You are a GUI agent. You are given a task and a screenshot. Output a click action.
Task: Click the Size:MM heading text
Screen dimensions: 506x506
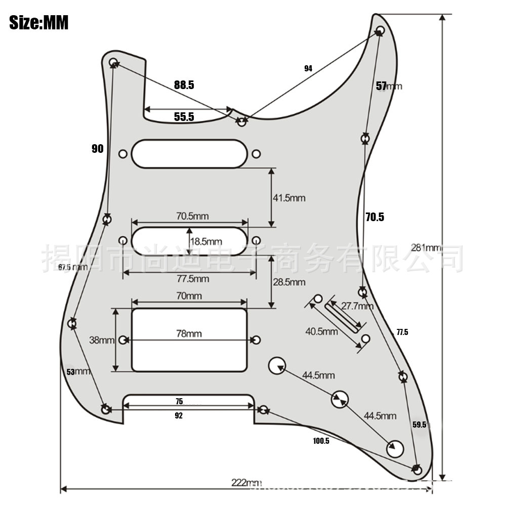39,23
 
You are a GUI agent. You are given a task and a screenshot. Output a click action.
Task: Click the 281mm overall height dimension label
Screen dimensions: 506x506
426,248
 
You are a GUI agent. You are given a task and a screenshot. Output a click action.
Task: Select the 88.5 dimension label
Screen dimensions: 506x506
184,85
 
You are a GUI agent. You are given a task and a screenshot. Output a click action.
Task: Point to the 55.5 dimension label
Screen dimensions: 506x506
184,117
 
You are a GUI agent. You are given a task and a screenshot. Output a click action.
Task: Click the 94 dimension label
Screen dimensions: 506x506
308,68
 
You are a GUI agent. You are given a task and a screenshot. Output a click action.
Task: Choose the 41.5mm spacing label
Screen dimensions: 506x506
289,198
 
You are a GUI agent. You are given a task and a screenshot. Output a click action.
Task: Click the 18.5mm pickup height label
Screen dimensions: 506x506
206,241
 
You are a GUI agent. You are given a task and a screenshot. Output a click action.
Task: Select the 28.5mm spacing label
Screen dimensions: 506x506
289,282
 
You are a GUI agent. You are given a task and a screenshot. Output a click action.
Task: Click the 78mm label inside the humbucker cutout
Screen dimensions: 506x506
189,334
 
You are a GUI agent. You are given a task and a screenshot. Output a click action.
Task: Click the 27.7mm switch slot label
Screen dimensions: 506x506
357,306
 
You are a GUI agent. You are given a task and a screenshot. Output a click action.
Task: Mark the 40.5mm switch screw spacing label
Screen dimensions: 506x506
321,332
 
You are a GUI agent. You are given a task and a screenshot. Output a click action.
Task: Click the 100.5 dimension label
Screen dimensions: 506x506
321,441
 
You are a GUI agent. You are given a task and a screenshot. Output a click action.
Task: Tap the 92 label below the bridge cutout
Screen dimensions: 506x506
179,416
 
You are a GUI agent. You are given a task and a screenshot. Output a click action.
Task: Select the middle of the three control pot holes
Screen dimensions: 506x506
340,399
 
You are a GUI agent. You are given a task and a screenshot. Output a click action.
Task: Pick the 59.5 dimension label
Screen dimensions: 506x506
419,425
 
